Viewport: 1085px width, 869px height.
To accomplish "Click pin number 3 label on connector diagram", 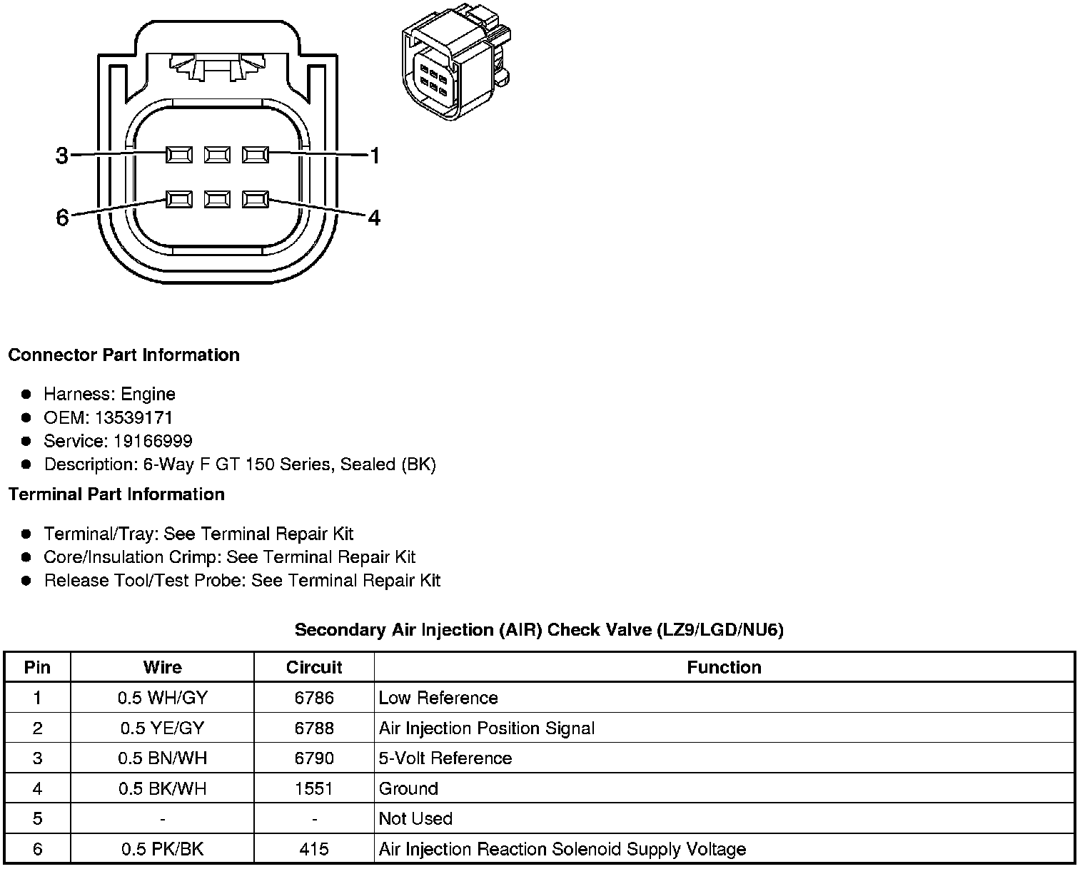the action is click(x=62, y=156).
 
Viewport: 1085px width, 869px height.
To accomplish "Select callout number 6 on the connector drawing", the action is click(x=62, y=217).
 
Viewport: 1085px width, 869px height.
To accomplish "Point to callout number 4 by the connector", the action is click(x=374, y=217).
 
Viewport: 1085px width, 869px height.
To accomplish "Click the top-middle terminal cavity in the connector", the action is click(x=217, y=154).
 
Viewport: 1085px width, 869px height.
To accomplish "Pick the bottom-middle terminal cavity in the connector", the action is click(x=217, y=200).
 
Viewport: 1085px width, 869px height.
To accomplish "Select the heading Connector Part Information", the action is click(x=124, y=355).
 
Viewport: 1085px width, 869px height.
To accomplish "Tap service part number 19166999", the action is click(x=153, y=441).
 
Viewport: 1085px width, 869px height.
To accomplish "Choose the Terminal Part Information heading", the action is click(x=116, y=494).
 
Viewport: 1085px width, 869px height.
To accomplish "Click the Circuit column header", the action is click(x=314, y=668).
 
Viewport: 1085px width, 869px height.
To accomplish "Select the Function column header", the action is click(x=724, y=668).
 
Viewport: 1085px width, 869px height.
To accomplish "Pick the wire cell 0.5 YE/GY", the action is click(x=162, y=728).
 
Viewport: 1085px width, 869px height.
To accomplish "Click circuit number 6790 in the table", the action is click(x=314, y=758).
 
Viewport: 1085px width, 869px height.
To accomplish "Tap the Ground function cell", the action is click(x=408, y=788).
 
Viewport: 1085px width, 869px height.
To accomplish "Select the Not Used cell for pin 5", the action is click(x=415, y=819).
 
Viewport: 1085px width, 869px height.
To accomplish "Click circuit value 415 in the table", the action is click(x=314, y=849).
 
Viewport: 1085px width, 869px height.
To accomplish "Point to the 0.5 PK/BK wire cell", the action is click(x=162, y=849).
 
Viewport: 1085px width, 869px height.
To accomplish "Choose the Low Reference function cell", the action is click(x=438, y=698).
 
